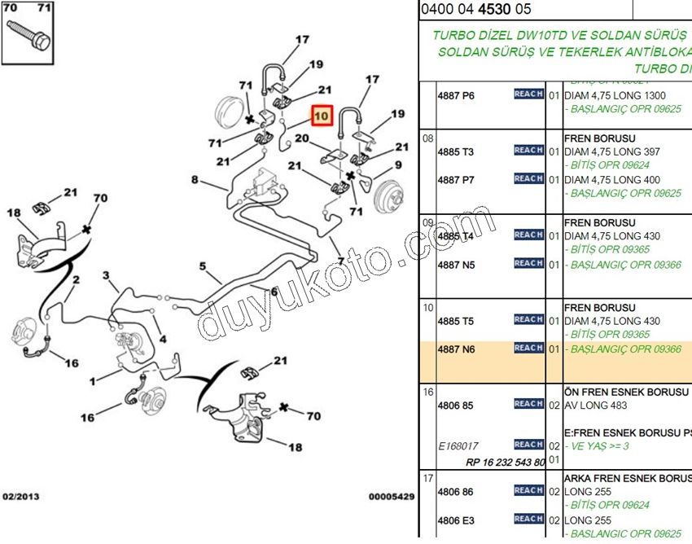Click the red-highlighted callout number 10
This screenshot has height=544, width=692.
[x=321, y=116]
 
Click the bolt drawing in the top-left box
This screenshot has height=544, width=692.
[x=30, y=35]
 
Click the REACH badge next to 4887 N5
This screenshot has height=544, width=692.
[x=528, y=264]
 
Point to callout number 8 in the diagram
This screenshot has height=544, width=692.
[x=195, y=179]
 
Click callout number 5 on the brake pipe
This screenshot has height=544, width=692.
[x=203, y=266]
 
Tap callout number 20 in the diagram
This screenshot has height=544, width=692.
[x=301, y=138]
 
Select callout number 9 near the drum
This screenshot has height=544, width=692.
[x=398, y=165]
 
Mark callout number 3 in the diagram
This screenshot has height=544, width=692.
[x=105, y=276]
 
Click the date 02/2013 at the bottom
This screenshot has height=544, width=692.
[x=20, y=496]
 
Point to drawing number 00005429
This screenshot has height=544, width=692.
[x=391, y=496]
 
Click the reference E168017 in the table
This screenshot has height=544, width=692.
[x=458, y=445]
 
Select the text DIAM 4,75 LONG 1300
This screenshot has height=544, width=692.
[x=615, y=95]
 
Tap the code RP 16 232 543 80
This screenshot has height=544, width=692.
[x=505, y=462]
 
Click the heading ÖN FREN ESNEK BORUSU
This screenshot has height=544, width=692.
[x=626, y=392]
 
